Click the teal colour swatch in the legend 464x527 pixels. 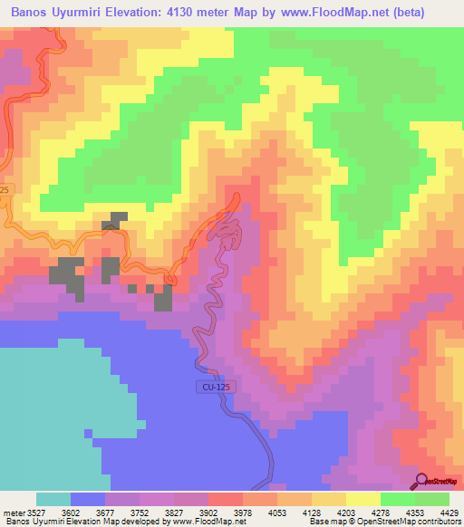click(x=53, y=500)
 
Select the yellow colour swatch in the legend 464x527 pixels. click(x=363, y=500)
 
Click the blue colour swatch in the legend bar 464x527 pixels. click(x=88, y=500)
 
